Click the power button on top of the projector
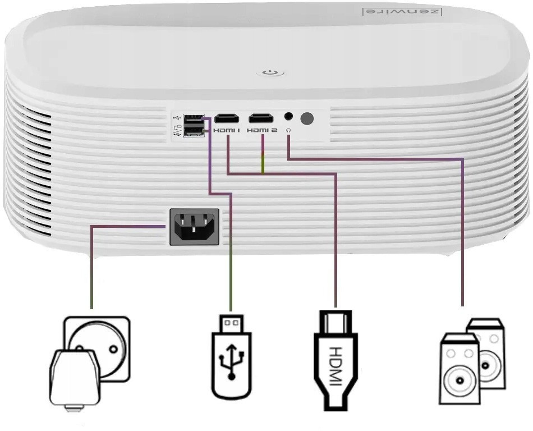coord(270,72)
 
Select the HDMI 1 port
coord(227,118)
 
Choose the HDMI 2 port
coord(261,118)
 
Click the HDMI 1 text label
coord(227,130)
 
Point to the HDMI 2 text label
coord(262,130)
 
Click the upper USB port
coord(194,118)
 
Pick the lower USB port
coord(194,131)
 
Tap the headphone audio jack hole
coord(288,117)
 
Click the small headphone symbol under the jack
coord(288,130)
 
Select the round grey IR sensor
coord(307,118)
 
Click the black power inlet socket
coord(194,227)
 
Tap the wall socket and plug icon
coord(90,359)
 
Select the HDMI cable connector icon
coord(335,359)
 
